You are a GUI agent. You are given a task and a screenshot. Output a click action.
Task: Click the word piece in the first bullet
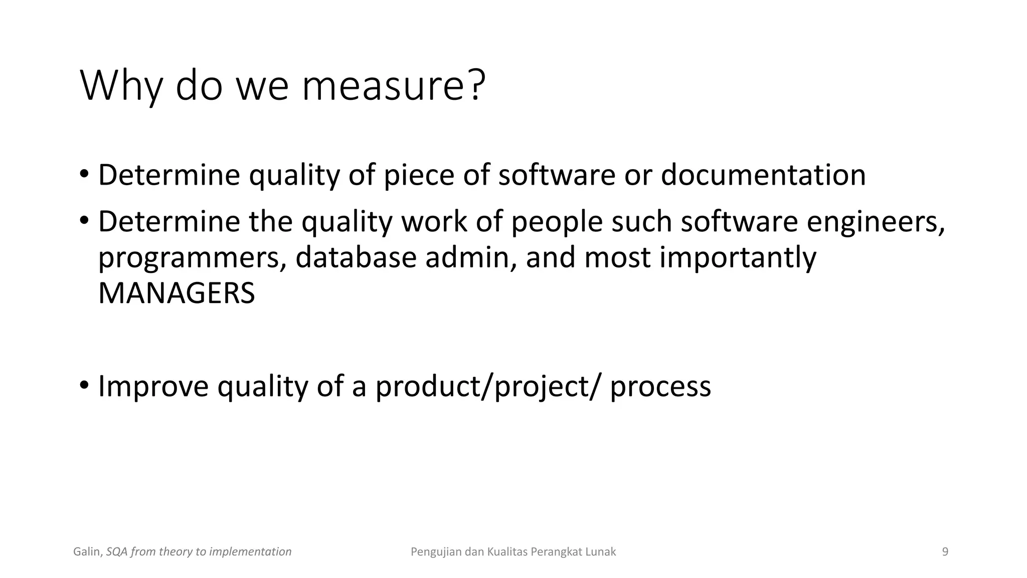point(419,176)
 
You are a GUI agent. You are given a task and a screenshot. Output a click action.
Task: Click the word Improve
point(153,386)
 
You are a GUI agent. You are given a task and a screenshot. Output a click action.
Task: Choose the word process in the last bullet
point(660,387)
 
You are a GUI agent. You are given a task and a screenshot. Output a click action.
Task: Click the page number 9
point(945,552)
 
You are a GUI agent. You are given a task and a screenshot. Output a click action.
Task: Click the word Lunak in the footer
point(601,552)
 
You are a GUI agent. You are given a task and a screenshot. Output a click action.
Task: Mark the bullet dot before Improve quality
point(84,385)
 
